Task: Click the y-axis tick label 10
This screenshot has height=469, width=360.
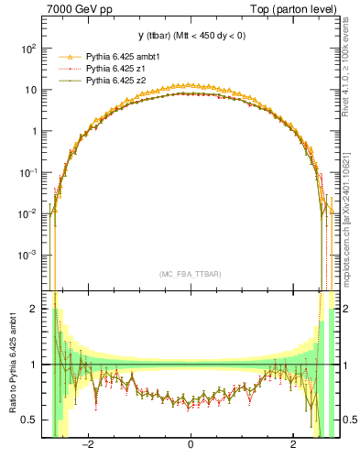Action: tap(30, 90)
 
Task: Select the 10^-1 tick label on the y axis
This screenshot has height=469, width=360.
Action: tap(27, 172)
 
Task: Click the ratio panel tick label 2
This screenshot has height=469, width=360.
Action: tap(34, 310)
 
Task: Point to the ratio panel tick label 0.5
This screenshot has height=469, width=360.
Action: tap(29, 420)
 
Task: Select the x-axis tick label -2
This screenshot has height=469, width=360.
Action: tap(87, 445)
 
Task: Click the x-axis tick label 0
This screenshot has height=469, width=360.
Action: tap(190, 445)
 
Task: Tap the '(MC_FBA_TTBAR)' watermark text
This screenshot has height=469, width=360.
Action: tap(190, 274)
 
